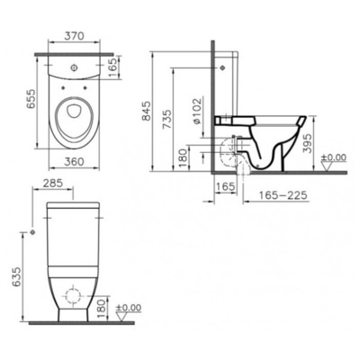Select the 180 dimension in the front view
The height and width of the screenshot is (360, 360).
tap(100, 310)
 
